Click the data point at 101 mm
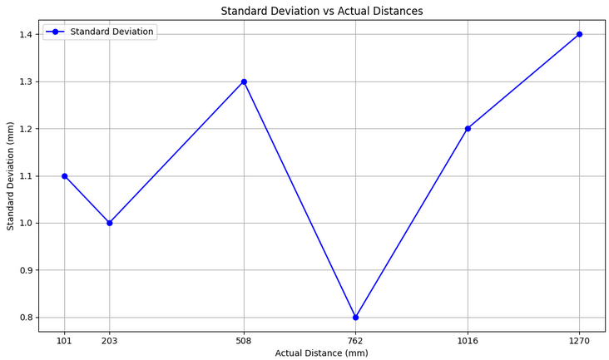64,175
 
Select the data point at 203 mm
109,223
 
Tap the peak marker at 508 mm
244,81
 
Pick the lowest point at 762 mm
355,317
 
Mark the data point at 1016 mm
468,129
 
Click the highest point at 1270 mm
579,34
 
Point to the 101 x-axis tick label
64,340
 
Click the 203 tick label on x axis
109,340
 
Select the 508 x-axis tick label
244,340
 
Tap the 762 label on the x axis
355,340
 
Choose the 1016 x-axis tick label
468,340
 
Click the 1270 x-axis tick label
579,340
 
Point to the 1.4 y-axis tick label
25,34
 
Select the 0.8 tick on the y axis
25,317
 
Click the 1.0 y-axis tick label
25,223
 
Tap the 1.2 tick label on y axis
25,129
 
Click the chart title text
321,11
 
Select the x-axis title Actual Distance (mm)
321,353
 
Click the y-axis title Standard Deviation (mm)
10,175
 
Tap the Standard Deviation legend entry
111,32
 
